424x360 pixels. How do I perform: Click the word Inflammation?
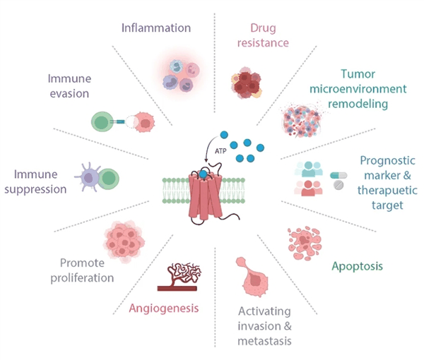[156, 28]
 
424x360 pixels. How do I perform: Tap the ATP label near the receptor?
[220, 151]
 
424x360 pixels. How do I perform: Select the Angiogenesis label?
[164, 308]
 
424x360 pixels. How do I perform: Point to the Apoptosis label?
[357, 266]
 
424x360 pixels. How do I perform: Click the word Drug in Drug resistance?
[263, 28]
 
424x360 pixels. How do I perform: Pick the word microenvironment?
[358, 89]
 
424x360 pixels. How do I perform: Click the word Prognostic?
[387, 161]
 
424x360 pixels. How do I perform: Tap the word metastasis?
[264, 341]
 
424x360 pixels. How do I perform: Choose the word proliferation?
[82, 278]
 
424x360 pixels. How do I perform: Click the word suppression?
[35, 190]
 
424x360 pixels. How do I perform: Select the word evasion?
[69, 93]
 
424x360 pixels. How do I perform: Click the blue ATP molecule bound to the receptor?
[203, 174]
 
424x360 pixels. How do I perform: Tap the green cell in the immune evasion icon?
[102, 122]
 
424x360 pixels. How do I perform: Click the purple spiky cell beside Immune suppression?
[88, 177]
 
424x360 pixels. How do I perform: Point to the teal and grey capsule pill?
[338, 176]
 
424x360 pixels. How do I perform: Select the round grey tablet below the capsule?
[338, 185]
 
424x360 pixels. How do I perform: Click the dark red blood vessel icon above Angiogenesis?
[179, 277]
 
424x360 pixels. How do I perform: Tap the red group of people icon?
[308, 188]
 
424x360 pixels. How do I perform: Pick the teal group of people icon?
[309, 169]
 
